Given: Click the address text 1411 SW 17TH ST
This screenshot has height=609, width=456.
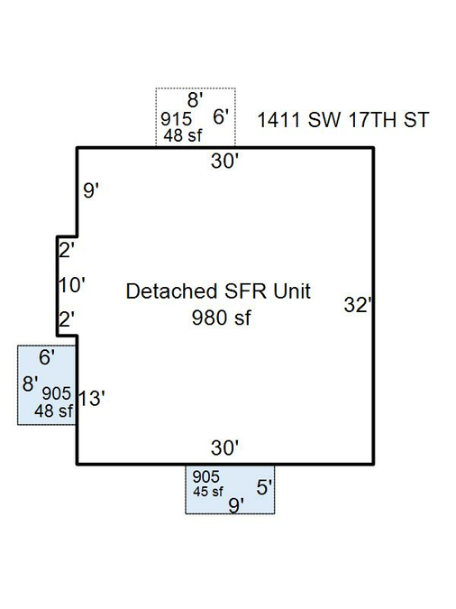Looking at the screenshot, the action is pos(343,120).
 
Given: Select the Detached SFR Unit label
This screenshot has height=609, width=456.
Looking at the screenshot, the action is pos(218,291).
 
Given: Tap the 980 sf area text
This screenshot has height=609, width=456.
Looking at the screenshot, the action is pos(221,318).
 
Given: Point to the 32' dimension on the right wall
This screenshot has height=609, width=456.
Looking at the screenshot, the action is pos(358,305).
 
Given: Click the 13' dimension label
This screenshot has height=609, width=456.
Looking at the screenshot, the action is pos(92,398).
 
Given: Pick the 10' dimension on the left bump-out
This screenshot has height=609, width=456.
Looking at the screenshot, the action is pos(72,285).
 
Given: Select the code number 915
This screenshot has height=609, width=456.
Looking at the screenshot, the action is pos(177,119).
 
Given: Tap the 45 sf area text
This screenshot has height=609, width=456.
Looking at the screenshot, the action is pos(208,492).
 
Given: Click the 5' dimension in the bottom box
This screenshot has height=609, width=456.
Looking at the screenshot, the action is pos(264,487).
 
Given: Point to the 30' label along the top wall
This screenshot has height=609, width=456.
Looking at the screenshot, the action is pos(224,161).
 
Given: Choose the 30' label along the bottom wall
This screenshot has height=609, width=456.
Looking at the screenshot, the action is pos(224,448).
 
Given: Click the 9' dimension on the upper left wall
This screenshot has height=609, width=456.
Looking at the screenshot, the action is pos(91,190).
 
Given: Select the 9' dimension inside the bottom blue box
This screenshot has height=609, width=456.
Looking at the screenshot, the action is pos(236,505).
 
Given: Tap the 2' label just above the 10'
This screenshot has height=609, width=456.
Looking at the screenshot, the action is pos(67,250).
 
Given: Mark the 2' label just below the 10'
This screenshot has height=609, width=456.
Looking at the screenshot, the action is pos(67,319).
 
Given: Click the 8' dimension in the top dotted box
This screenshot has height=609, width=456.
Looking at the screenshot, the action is pos(196,99).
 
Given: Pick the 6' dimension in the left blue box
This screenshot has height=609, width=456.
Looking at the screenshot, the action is pos(47,357).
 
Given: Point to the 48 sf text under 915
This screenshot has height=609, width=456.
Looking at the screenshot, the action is pos(183,135).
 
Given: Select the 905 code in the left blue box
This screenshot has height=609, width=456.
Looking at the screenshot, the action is pos(57,393).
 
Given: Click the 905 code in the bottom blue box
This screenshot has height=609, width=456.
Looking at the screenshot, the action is pos(206,476).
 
